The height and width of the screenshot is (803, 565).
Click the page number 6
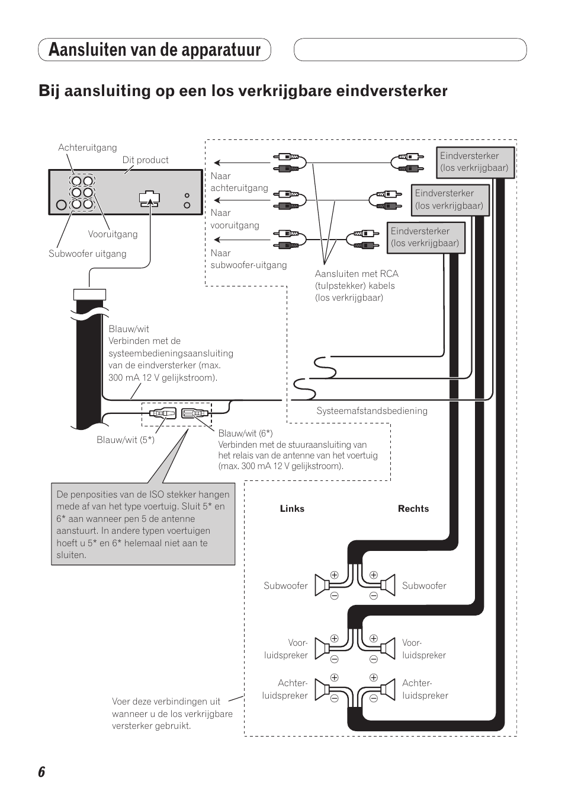(x=41, y=772)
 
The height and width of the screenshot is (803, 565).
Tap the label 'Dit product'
(x=145, y=160)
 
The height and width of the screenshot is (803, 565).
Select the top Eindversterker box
(x=474, y=162)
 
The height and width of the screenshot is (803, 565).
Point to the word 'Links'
(x=292, y=509)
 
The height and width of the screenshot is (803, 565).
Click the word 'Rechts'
(x=413, y=509)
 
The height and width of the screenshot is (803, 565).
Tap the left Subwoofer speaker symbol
(x=323, y=585)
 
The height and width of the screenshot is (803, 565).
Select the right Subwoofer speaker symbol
(x=387, y=585)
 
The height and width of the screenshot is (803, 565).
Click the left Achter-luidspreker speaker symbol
(x=323, y=690)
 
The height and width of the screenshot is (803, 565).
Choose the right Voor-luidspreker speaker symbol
(x=387, y=649)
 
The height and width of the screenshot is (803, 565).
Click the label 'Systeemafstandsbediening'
(x=372, y=411)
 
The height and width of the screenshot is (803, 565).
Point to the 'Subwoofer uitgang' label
(x=88, y=254)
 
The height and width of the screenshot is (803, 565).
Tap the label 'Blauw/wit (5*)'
(x=126, y=440)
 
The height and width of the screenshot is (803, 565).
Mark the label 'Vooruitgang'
(x=113, y=234)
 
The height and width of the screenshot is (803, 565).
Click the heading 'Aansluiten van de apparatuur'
(x=155, y=50)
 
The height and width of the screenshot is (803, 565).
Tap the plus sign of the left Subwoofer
(x=334, y=575)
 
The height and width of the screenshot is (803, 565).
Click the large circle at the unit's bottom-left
(x=61, y=206)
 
